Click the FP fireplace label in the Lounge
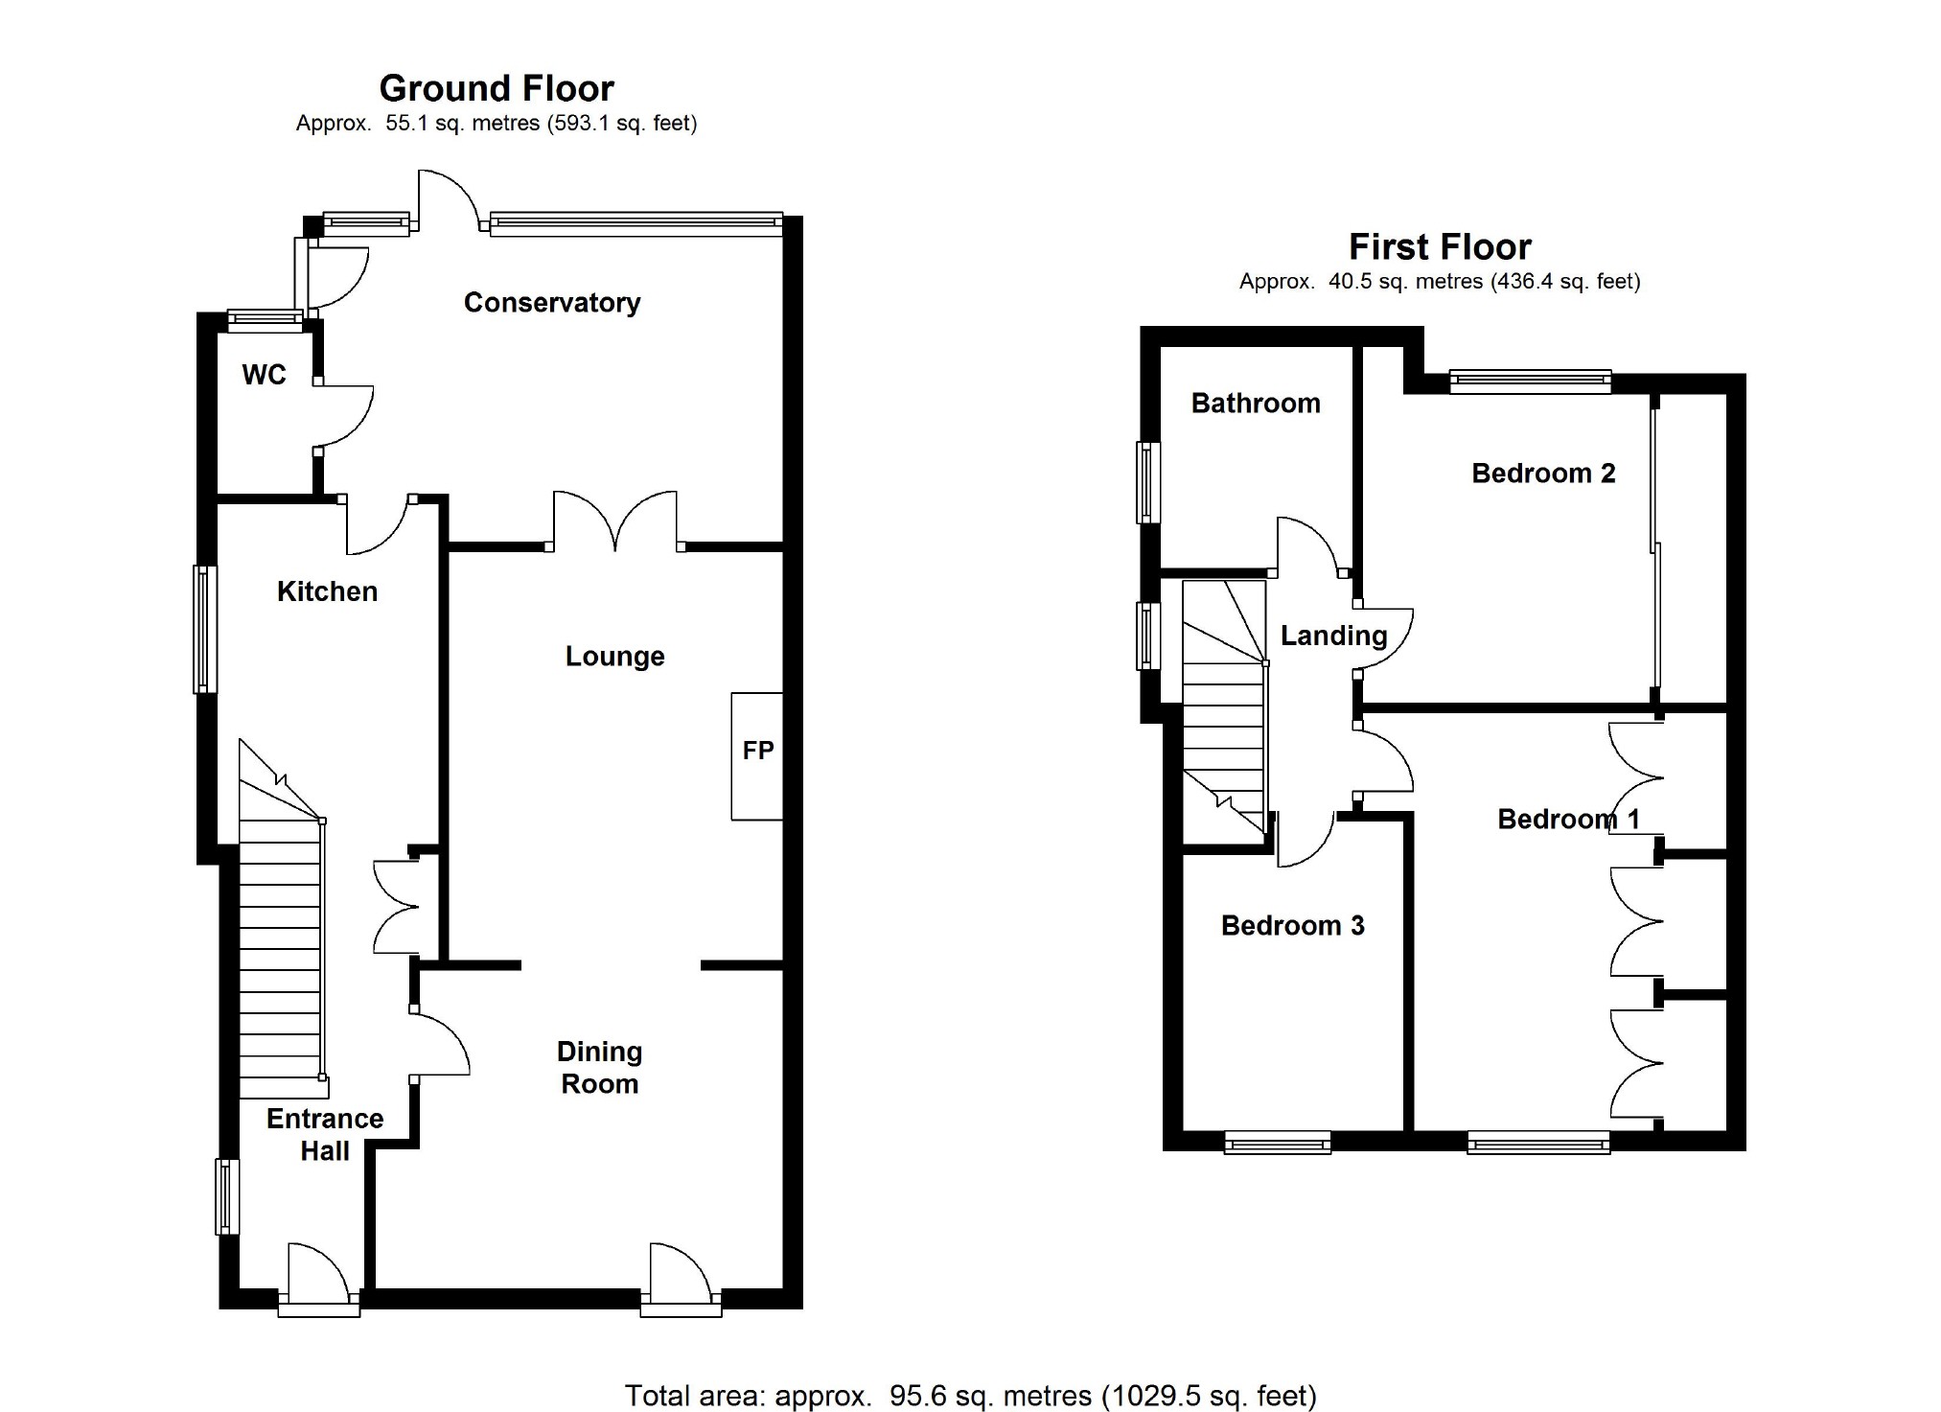tap(757, 750)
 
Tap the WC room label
tap(264, 374)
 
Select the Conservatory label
tap(552, 303)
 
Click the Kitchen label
tap(327, 591)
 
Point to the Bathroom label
tap(1256, 403)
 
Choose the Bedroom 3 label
tap(1292, 925)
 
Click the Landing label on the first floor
tap(1333, 636)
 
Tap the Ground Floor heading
tap(497, 88)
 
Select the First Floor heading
tap(1440, 247)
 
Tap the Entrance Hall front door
tap(319, 1279)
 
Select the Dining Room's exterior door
tap(681, 1279)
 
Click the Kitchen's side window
tap(205, 629)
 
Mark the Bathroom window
tap(1148, 482)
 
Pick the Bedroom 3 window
tap(1278, 1142)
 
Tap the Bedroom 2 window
tap(1530, 382)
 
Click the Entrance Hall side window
tap(227, 1196)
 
